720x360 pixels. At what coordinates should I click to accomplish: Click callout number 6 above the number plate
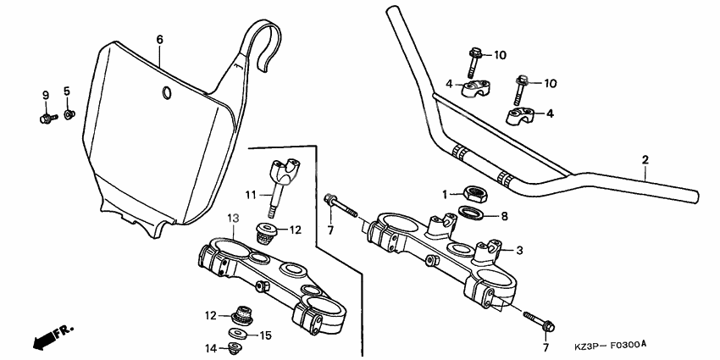click(x=159, y=39)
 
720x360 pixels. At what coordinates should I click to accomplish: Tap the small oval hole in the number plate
click(x=167, y=92)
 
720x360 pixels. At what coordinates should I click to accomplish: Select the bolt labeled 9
click(x=46, y=118)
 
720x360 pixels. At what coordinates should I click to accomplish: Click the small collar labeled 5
click(x=70, y=113)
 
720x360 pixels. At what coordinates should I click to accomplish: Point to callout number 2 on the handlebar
click(x=645, y=159)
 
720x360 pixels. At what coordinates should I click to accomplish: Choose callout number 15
click(x=265, y=336)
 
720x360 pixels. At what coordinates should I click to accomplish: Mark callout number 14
click(x=209, y=347)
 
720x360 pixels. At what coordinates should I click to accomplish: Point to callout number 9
click(x=46, y=93)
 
